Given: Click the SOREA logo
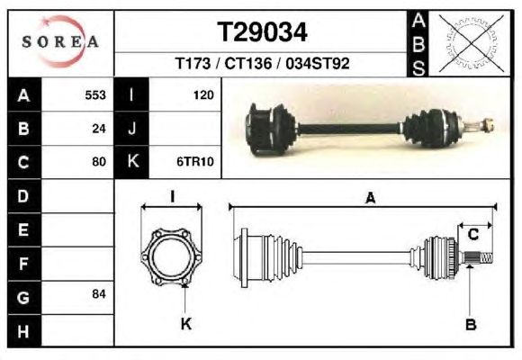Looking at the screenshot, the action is pyautogui.click(x=60, y=41).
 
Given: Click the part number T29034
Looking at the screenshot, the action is pyautogui.click(x=262, y=32).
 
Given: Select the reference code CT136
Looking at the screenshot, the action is pyautogui.click(x=248, y=63).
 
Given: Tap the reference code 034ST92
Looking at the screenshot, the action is pyautogui.click(x=318, y=63).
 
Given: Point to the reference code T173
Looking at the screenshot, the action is pyautogui.click(x=193, y=63).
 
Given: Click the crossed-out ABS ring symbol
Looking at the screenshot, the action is pyautogui.click(x=471, y=43).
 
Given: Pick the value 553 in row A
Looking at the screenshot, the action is pyautogui.click(x=95, y=95).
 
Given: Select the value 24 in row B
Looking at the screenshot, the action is pyautogui.click(x=99, y=129).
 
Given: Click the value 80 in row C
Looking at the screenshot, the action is pyautogui.click(x=99, y=162).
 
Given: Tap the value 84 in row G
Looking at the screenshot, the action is pyautogui.click(x=99, y=294).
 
